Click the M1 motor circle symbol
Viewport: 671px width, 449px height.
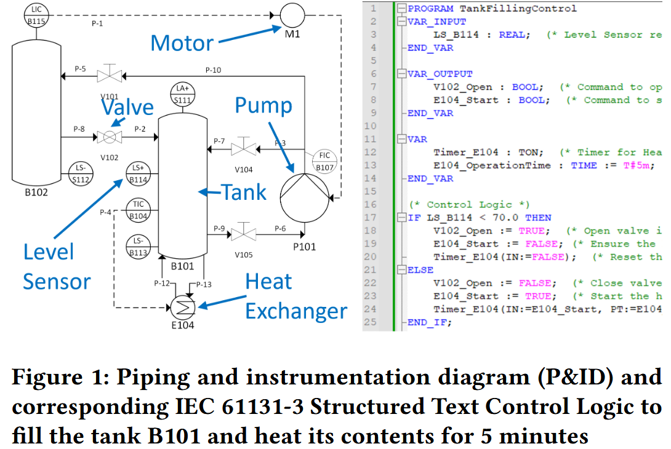tap(293, 14)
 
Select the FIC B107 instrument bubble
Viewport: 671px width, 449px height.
tap(324, 161)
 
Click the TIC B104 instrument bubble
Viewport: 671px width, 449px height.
tap(139, 210)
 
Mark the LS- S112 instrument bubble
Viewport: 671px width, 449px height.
tap(79, 174)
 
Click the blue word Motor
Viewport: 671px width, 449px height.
tap(182, 43)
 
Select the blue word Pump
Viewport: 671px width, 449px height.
tap(263, 106)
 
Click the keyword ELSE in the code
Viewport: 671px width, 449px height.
tap(420, 270)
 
